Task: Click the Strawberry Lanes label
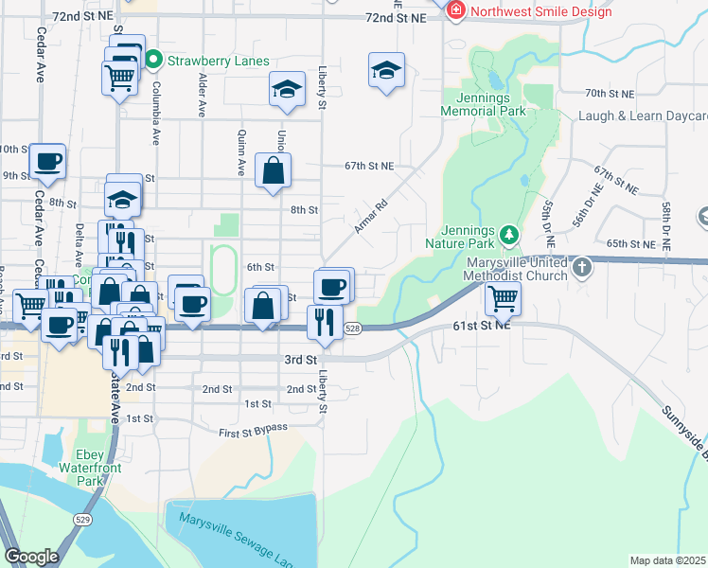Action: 206,62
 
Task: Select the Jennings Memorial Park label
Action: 483,103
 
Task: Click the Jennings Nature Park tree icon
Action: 509,233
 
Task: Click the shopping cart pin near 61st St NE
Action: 502,299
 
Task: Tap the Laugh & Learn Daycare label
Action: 643,117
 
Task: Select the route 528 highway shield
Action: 352,328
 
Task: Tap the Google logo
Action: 32,557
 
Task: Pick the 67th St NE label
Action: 368,166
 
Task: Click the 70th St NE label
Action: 609,94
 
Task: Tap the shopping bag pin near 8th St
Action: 273,171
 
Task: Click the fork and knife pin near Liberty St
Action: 325,323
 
